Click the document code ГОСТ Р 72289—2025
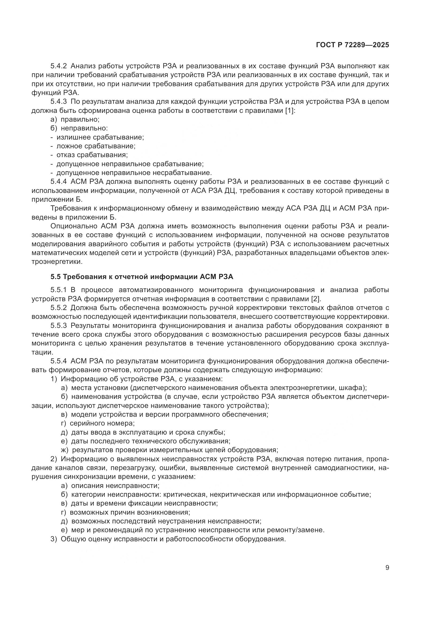click(352, 45)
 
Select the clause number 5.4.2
click(59, 66)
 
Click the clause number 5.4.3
click(59, 102)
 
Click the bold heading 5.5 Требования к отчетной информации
click(142, 277)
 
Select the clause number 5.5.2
click(59, 308)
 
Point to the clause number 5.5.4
click(59, 361)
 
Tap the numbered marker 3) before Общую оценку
click(54, 539)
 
